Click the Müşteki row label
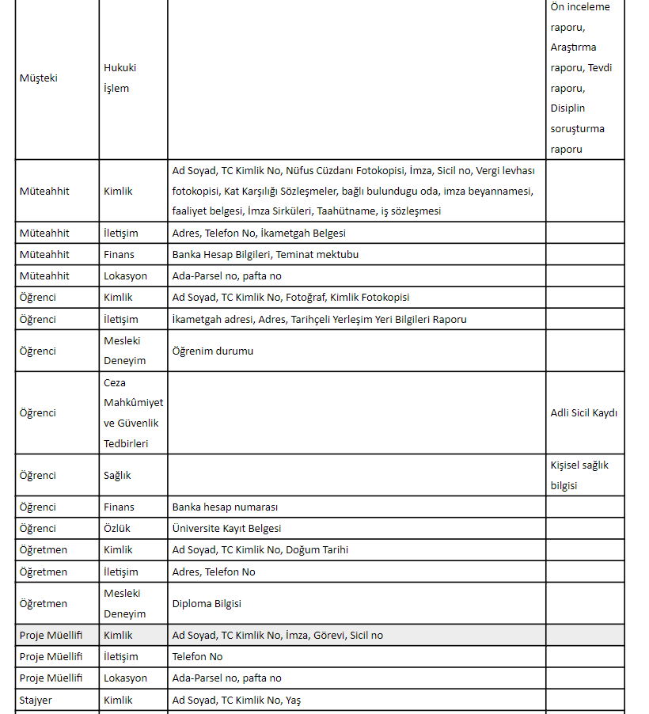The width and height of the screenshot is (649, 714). tap(38, 78)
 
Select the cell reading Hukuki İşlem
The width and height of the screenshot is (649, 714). tap(120, 78)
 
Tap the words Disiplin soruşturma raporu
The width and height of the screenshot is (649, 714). tap(577, 128)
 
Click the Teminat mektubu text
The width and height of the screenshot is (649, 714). tap(317, 254)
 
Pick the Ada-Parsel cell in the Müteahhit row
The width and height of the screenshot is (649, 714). tap(226, 275)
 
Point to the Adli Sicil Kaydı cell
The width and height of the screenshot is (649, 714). tap(583, 412)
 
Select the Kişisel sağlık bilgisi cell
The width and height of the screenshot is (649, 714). tap(579, 475)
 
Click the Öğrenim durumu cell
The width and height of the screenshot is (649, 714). tap(213, 351)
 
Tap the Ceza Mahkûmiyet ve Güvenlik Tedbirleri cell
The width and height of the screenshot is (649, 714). tap(133, 412)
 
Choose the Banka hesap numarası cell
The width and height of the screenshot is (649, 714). tap(225, 507)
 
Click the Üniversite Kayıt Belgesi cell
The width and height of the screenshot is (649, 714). tap(226, 528)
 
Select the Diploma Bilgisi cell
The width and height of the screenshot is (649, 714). tap(207, 603)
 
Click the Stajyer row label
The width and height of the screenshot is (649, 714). tap(36, 700)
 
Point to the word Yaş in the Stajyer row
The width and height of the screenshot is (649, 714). tap(294, 700)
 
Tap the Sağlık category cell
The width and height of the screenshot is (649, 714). tap(117, 475)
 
